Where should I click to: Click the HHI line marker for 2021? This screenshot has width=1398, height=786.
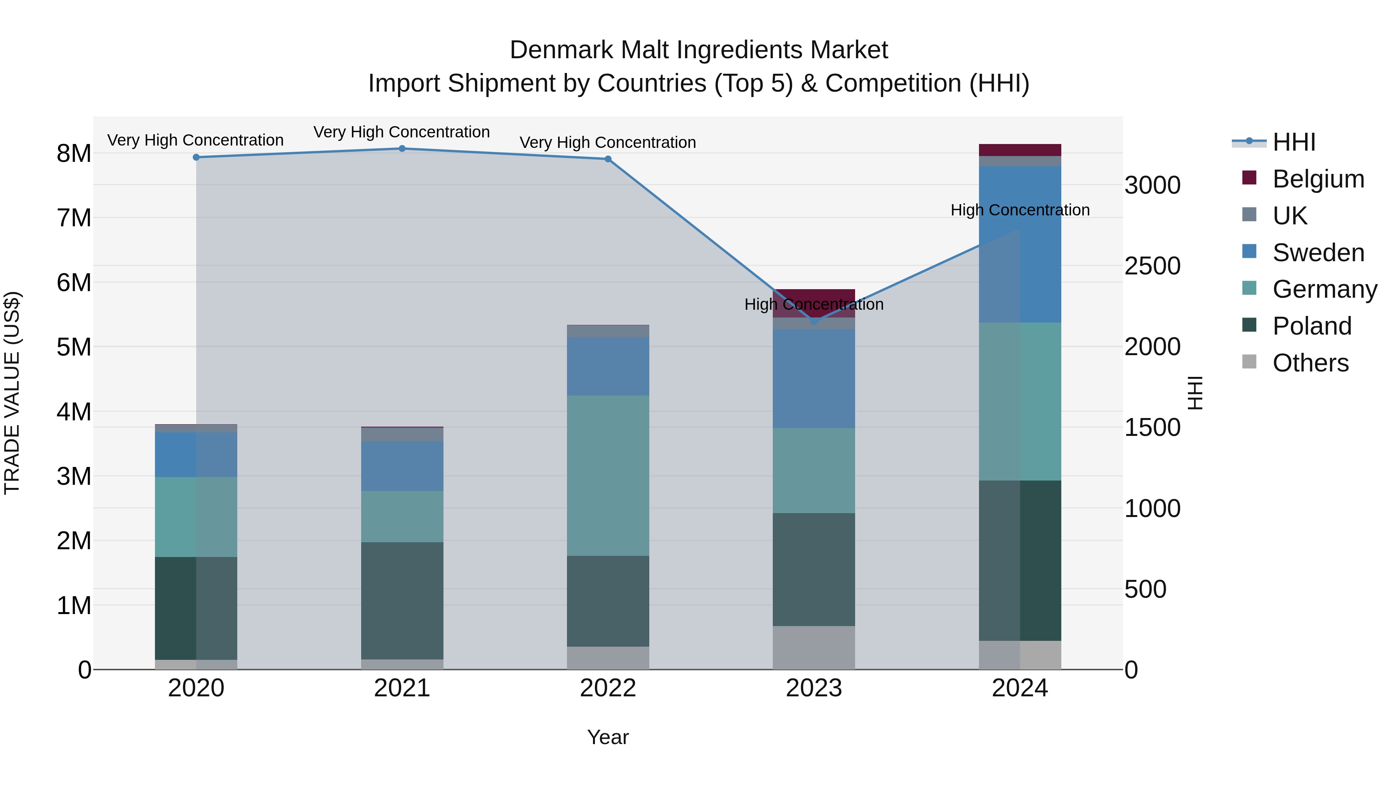[x=402, y=149]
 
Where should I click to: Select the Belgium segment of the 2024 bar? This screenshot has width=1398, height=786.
[x=1020, y=150]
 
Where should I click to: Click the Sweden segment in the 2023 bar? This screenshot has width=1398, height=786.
[x=814, y=378]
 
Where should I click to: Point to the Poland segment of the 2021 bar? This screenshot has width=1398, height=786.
[x=402, y=600]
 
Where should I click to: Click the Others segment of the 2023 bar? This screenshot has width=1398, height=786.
[x=814, y=648]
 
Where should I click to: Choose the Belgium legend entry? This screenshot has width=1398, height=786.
[x=1318, y=179]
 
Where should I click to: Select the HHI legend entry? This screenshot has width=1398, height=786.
[x=1294, y=142]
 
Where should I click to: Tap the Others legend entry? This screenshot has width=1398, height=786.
[x=1310, y=363]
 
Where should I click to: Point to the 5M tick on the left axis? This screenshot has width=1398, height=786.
[x=74, y=347]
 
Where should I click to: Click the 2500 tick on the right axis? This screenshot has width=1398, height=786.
[x=1152, y=266]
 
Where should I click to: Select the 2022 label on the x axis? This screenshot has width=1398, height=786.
[x=608, y=688]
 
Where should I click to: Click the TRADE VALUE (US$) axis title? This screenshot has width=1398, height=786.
[x=12, y=393]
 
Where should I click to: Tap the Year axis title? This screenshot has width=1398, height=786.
[x=608, y=737]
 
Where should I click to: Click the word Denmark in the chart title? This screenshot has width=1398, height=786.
[x=561, y=50]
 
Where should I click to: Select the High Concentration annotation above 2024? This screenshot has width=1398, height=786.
[x=1020, y=210]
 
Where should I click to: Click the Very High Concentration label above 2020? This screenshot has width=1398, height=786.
[x=195, y=140]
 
